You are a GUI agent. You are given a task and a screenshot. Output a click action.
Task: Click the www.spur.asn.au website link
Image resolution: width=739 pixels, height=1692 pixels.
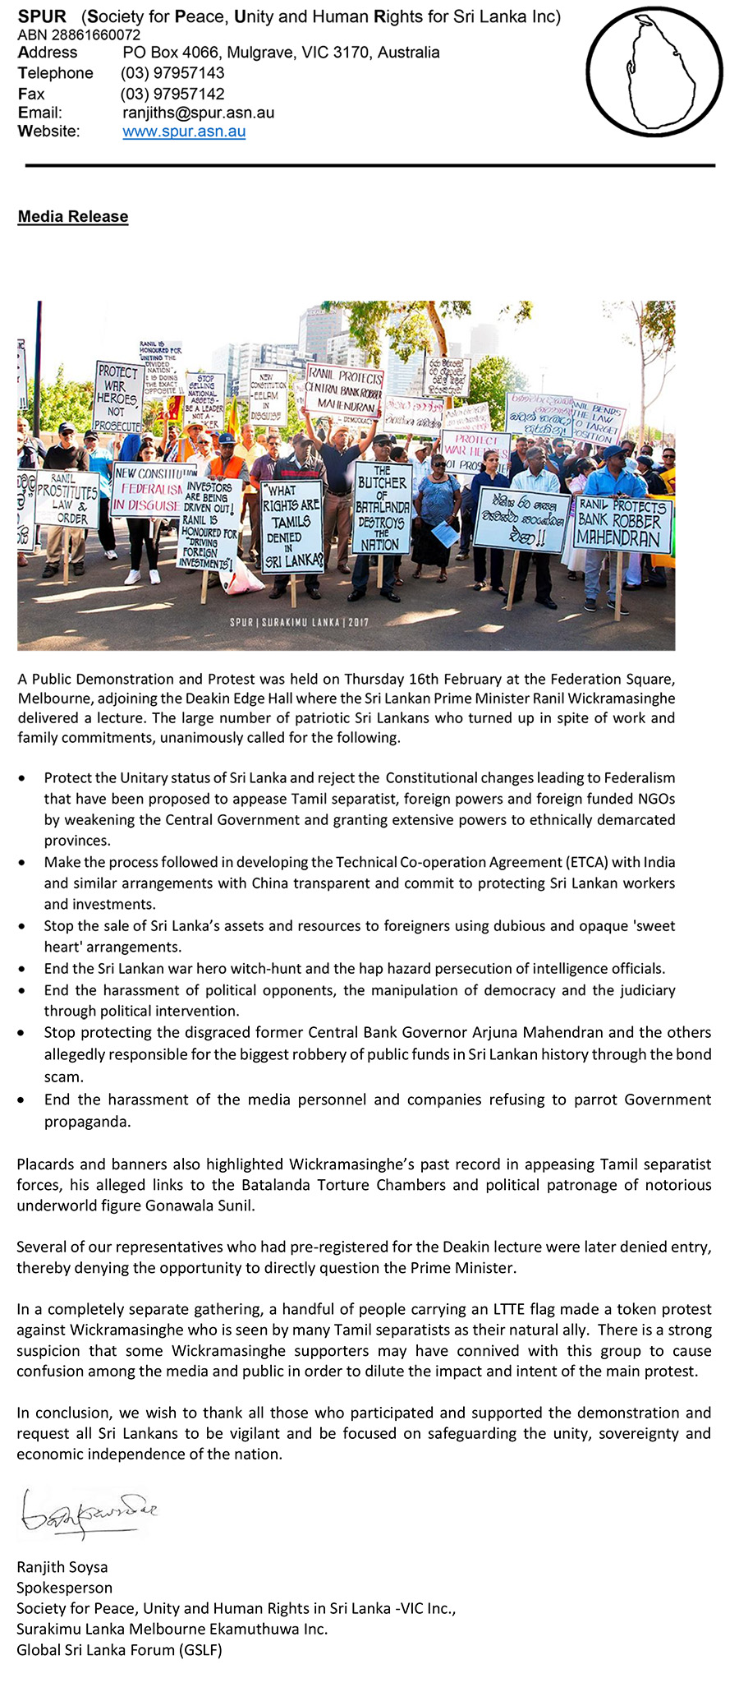pyautogui.click(x=184, y=131)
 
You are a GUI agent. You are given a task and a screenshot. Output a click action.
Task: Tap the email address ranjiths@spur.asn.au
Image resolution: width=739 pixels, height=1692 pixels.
pyautogui.click(x=198, y=113)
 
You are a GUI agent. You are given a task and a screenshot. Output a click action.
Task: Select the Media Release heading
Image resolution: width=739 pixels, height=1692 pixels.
pyautogui.click(x=73, y=217)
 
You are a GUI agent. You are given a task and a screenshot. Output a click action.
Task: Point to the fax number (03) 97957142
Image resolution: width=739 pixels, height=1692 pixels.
pyautogui.click(x=172, y=94)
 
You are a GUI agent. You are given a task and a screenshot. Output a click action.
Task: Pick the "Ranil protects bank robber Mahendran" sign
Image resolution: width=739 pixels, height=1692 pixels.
pyautogui.click(x=621, y=523)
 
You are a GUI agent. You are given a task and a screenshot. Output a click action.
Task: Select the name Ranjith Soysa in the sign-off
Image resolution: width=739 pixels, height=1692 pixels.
pyautogui.click(x=62, y=1567)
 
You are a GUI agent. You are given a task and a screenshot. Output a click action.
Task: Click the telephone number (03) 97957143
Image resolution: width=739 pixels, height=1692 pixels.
pyautogui.click(x=172, y=73)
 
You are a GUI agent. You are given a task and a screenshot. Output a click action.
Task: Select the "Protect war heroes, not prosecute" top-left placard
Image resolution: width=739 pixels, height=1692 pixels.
pyautogui.click(x=117, y=397)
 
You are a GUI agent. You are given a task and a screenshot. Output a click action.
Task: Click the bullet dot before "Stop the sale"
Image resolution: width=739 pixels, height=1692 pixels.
pyautogui.click(x=23, y=926)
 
